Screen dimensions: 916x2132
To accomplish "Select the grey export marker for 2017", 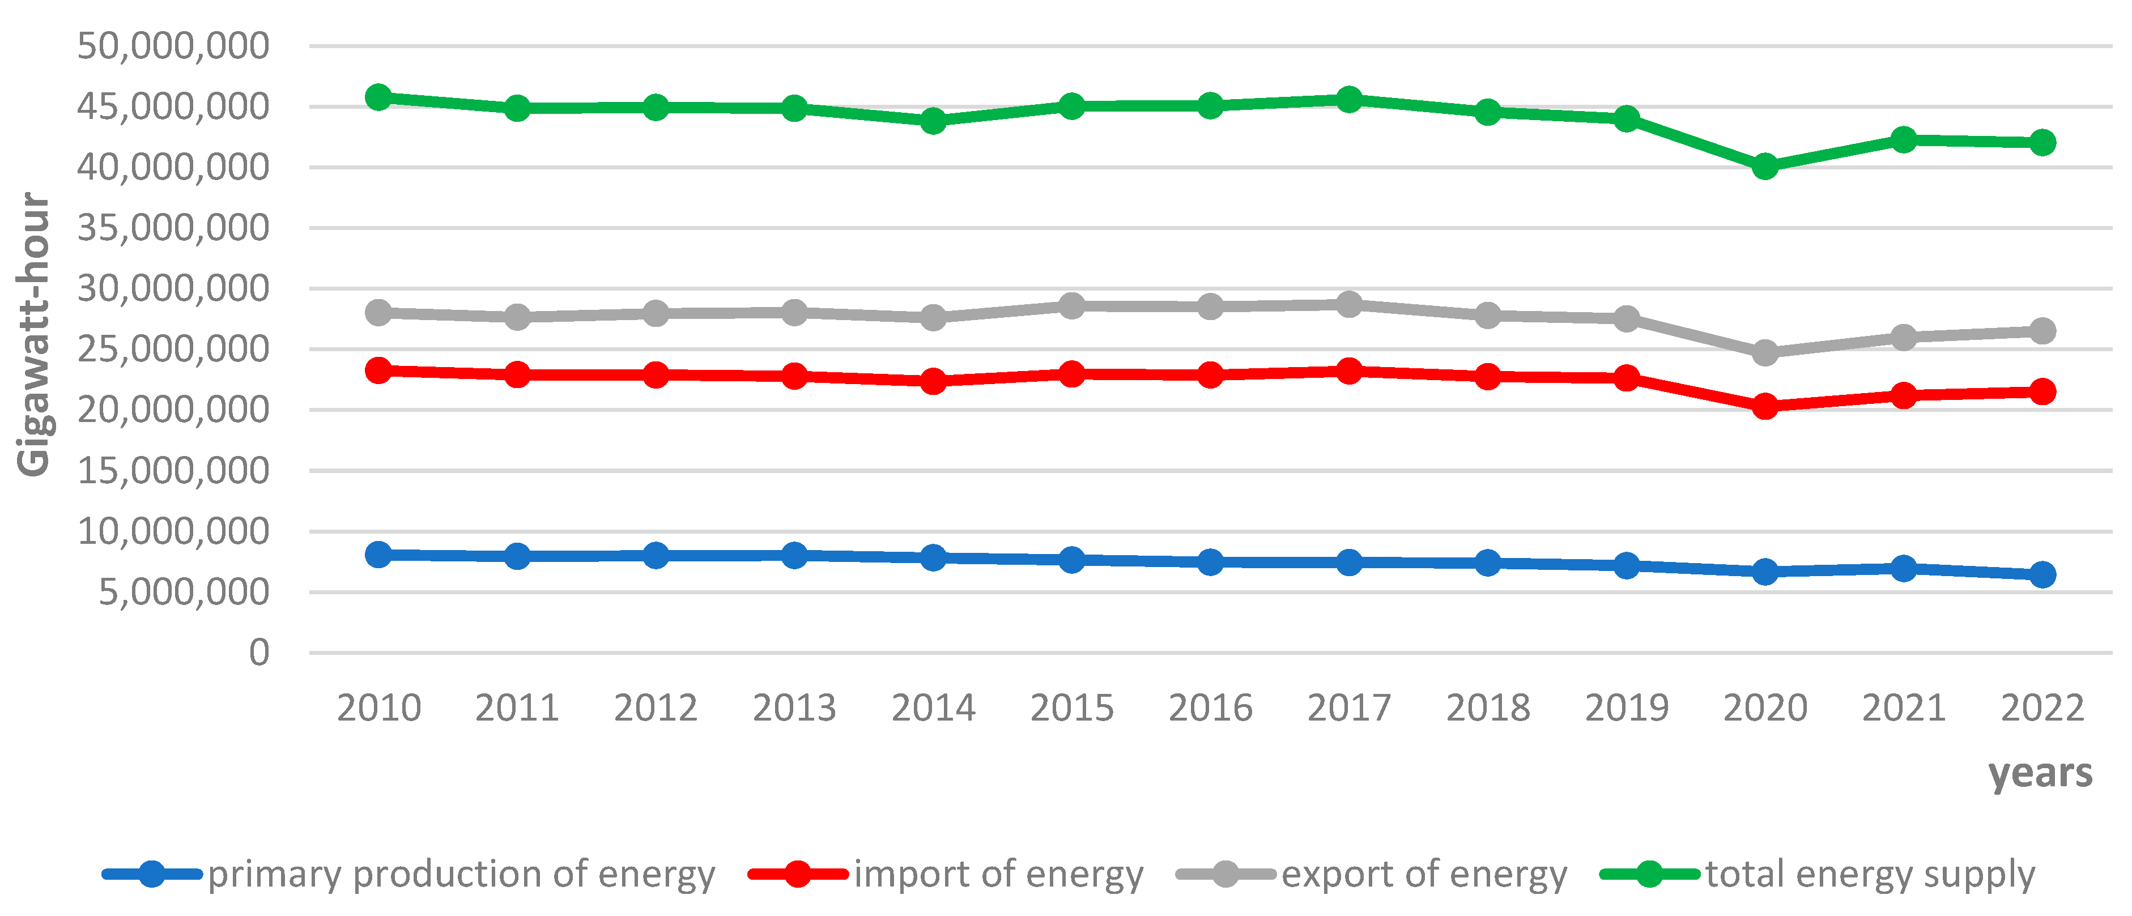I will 1349,304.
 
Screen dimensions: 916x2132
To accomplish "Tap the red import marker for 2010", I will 378,370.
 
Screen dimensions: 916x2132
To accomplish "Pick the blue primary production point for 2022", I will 2042,574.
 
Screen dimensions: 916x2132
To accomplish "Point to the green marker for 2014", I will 933,121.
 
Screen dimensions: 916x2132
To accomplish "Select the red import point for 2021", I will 1904,395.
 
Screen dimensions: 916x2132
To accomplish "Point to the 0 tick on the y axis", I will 259,653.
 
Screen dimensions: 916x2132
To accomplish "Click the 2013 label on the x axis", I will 794,708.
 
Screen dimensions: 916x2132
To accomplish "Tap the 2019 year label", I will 1626,708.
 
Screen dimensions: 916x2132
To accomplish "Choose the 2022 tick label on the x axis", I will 2042,708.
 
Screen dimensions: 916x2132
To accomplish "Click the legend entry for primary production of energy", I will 460,875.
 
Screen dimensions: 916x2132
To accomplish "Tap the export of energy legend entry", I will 1424,875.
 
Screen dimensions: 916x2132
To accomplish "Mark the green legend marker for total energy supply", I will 1649,874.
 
